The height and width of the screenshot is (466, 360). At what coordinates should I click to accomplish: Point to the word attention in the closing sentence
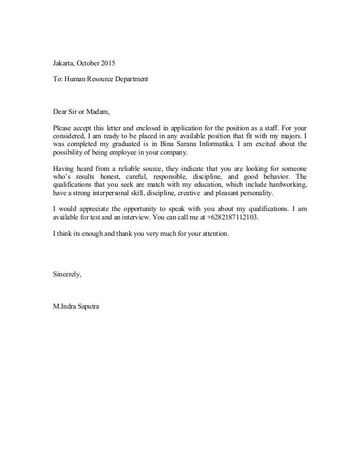coord(214,234)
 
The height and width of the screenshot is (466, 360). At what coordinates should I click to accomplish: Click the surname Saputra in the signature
coord(83,307)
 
